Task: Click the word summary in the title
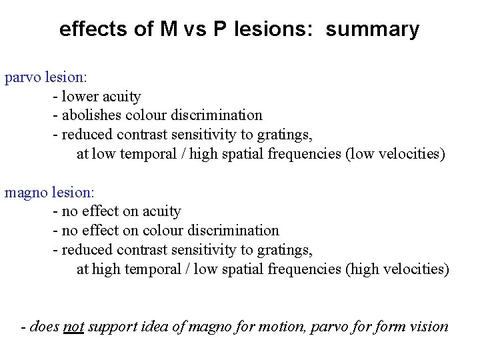pyautogui.click(x=373, y=29)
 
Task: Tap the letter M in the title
pyautogui.click(x=169, y=29)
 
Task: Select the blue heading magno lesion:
pyautogui.click(x=49, y=193)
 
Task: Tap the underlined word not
pyautogui.click(x=73, y=327)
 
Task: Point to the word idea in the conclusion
pyautogui.click(x=158, y=327)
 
